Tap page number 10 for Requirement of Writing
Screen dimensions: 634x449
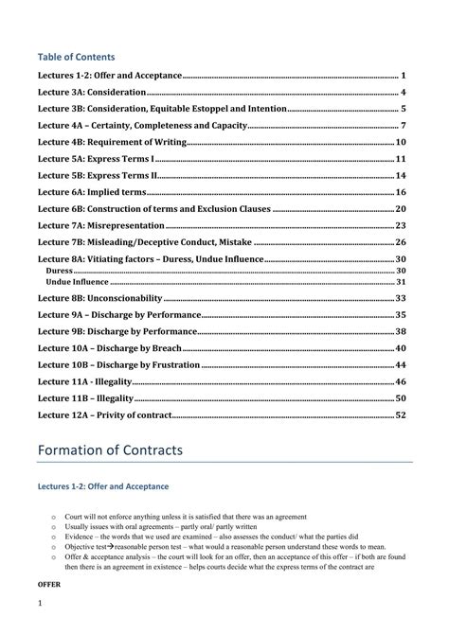[401, 142]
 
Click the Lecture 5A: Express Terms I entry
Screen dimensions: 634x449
[96, 158]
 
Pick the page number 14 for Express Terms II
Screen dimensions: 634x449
[401, 175]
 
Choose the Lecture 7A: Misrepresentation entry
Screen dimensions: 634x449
[101, 225]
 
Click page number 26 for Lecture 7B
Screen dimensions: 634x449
[401, 241]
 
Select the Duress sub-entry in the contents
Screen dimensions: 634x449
[59, 271]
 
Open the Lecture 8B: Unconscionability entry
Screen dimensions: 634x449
[109, 298]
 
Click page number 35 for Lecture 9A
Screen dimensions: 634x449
[401, 314]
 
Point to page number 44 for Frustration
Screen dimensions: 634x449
[401, 364]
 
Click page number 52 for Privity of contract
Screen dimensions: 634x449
[401, 414]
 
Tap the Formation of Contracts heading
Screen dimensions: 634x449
[109, 450]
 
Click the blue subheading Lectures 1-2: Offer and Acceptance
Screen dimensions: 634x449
[102, 485]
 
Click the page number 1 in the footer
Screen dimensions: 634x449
[41, 603]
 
